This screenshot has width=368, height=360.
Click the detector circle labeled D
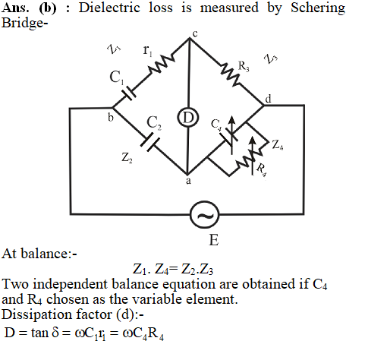(x=188, y=117)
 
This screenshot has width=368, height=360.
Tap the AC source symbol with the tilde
(x=204, y=215)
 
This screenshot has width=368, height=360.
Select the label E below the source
(x=214, y=240)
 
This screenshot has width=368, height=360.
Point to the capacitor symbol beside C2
(x=150, y=143)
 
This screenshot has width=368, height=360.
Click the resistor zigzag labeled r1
(x=162, y=64)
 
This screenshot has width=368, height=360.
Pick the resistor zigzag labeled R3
(x=230, y=74)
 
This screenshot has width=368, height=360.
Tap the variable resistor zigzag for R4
(x=250, y=159)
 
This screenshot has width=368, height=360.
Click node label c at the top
(x=195, y=34)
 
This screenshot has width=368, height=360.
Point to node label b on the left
(x=111, y=118)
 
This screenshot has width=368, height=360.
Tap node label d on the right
(x=269, y=99)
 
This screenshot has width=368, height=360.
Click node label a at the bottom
(x=188, y=181)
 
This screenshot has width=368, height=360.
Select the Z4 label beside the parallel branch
(x=278, y=145)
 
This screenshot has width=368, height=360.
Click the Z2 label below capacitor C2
(x=127, y=158)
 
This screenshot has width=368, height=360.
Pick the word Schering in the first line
(x=318, y=8)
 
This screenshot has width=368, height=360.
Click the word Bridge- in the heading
(x=24, y=24)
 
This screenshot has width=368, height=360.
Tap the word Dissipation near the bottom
(x=37, y=315)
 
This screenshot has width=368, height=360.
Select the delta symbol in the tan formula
(x=55, y=333)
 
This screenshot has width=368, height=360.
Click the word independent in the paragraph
(x=71, y=284)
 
